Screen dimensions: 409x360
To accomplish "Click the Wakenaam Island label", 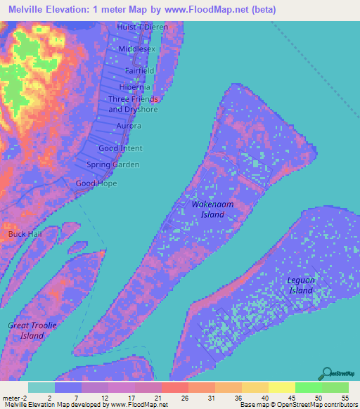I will [208, 209].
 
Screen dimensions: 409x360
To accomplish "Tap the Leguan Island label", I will [300, 285].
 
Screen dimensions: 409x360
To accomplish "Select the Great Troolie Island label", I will [32, 330].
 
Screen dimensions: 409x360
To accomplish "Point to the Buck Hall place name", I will [23, 233].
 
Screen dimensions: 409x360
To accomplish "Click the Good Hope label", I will [96, 183].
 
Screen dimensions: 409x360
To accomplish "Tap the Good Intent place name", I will [120, 148].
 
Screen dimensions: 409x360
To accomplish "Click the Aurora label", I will [129, 126].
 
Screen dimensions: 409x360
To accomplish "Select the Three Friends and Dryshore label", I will [133, 104].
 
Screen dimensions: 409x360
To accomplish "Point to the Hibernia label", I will [135, 87].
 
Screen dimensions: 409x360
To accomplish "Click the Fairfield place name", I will [139, 72].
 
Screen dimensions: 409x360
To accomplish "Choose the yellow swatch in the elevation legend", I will [281, 387].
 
